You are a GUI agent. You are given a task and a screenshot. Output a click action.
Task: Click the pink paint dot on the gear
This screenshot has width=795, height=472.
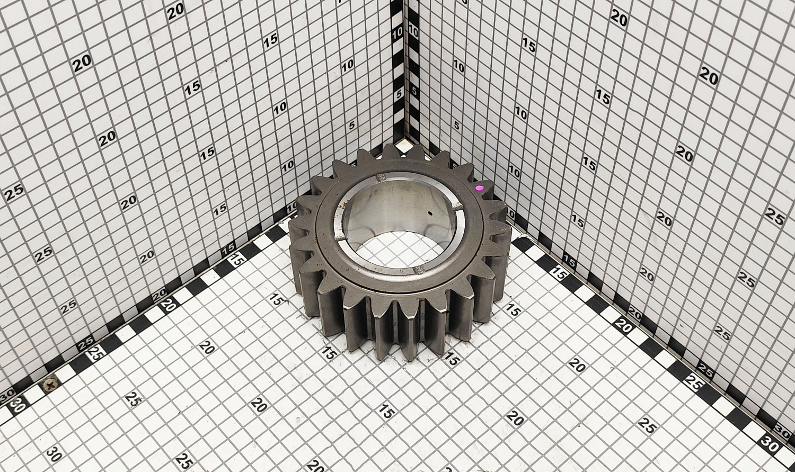(x=480, y=188)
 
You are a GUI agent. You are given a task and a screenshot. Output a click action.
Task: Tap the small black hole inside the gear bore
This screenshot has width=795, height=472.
(x=430, y=214)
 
